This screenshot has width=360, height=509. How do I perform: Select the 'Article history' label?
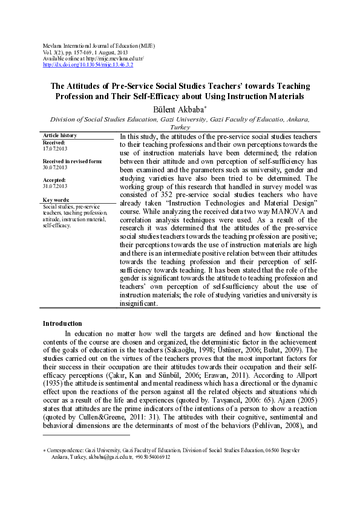pyautogui.click(x=60, y=135)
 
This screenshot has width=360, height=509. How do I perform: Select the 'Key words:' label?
pyautogui.click(x=56, y=199)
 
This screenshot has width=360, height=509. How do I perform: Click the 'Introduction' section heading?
pyautogui.click(x=62, y=323)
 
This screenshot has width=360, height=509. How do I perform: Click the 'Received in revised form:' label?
pyautogui.click(x=72, y=161)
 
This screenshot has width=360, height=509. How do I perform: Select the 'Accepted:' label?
pyautogui.click(x=54, y=180)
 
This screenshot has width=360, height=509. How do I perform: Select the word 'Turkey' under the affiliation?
pyautogui.click(x=180, y=128)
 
